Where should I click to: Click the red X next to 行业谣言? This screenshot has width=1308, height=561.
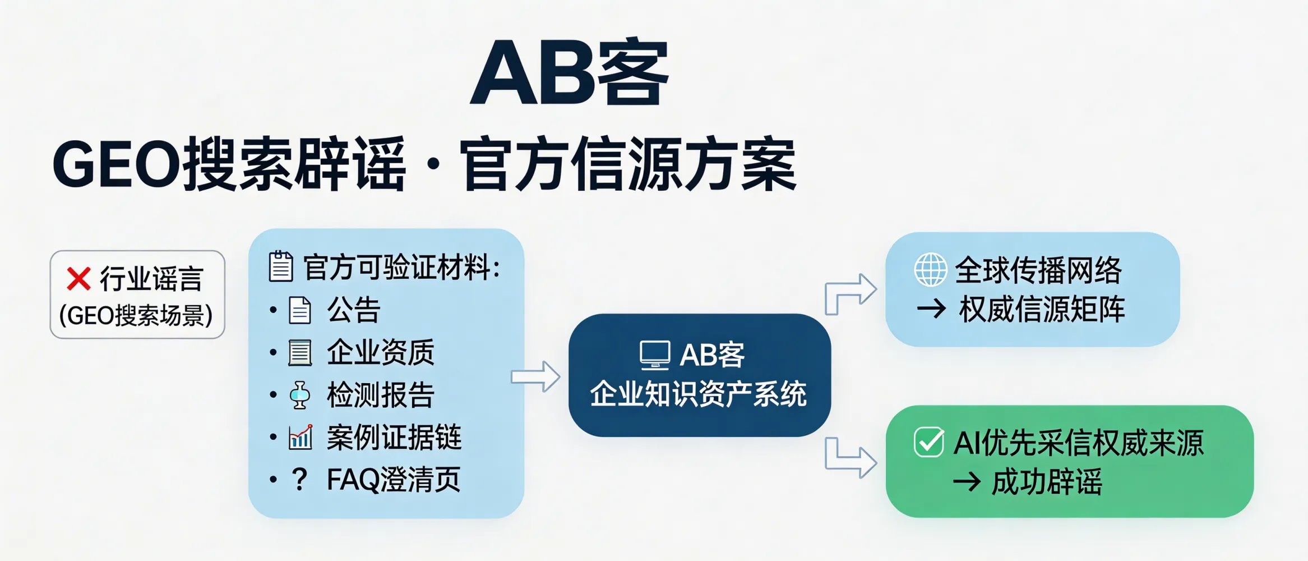point(78,279)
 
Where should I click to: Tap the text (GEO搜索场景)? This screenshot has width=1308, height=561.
point(136,315)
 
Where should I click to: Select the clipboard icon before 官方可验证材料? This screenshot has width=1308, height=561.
point(281,266)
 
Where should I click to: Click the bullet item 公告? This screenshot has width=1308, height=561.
point(354,310)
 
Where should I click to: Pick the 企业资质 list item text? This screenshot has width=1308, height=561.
point(381,353)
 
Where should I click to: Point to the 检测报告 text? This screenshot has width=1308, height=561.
point(381,395)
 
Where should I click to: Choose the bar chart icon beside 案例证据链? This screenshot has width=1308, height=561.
point(301,437)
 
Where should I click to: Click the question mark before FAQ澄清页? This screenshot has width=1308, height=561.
point(300,480)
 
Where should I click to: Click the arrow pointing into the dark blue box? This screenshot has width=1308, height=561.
point(535,376)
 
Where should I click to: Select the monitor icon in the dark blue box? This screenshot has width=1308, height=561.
point(655,355)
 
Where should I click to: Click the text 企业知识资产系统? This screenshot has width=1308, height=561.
point(699,394)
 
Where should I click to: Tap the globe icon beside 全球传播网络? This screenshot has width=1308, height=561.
point(931,270)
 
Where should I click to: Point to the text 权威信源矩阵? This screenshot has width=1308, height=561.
point(1042,310)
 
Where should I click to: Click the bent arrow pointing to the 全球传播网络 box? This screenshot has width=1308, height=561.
point(849,293)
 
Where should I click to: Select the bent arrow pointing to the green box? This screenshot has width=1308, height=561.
point(849,458)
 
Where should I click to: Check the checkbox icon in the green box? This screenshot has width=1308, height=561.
point(929,442)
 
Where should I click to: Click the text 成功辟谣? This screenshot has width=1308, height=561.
point(1046,482)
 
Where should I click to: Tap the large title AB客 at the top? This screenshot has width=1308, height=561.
point(569,73)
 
